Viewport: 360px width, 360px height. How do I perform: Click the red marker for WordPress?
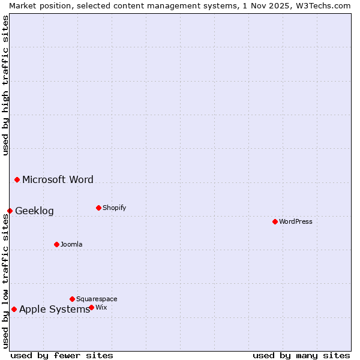pyautogui.click(x=275, y=221)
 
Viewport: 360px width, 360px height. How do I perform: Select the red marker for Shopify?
pyautogui.click(x=98, y=208)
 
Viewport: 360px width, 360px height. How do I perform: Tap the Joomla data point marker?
pyautogui.click(x=56, y=244)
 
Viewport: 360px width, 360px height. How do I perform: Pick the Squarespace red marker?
pyautogui.click(x=72, y=299)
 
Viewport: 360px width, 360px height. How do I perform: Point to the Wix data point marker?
pyautogui.click(x=91, y=307)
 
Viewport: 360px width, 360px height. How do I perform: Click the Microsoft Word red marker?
pyautogui.click(x=17, y=179)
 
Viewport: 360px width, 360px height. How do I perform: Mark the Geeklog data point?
pyautogui.click(x=10, y=211)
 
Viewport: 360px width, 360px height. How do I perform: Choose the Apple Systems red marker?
pyautogui.click(x=14, y=309)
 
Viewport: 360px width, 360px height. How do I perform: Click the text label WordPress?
pyautogui.click(x=296, y=221)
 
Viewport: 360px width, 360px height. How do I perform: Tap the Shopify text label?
pyautogui.click(x=115, y=208)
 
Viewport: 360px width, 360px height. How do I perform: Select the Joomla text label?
pyautogui.click(x=71, y=244)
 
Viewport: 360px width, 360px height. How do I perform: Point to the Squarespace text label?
pyautogui.click(x=97, y=299)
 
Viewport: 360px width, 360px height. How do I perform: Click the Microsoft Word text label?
pyautogui.click(x=58, y=179)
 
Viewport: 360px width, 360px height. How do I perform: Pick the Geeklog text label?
pyautogui.click(x=34, y=211)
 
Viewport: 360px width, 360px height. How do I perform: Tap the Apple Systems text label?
pyautogui.click(x=54, y=309)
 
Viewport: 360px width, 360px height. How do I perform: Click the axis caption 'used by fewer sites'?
pyautogui.click(x=62, y=355)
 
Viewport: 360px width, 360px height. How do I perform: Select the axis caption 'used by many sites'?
pyautogui.click(x=301, y=355)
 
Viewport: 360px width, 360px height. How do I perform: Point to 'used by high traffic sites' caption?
pyautogui.click(x=5, y=85)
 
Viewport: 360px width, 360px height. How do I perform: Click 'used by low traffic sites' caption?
pyautogui.click(x=5, y=281)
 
